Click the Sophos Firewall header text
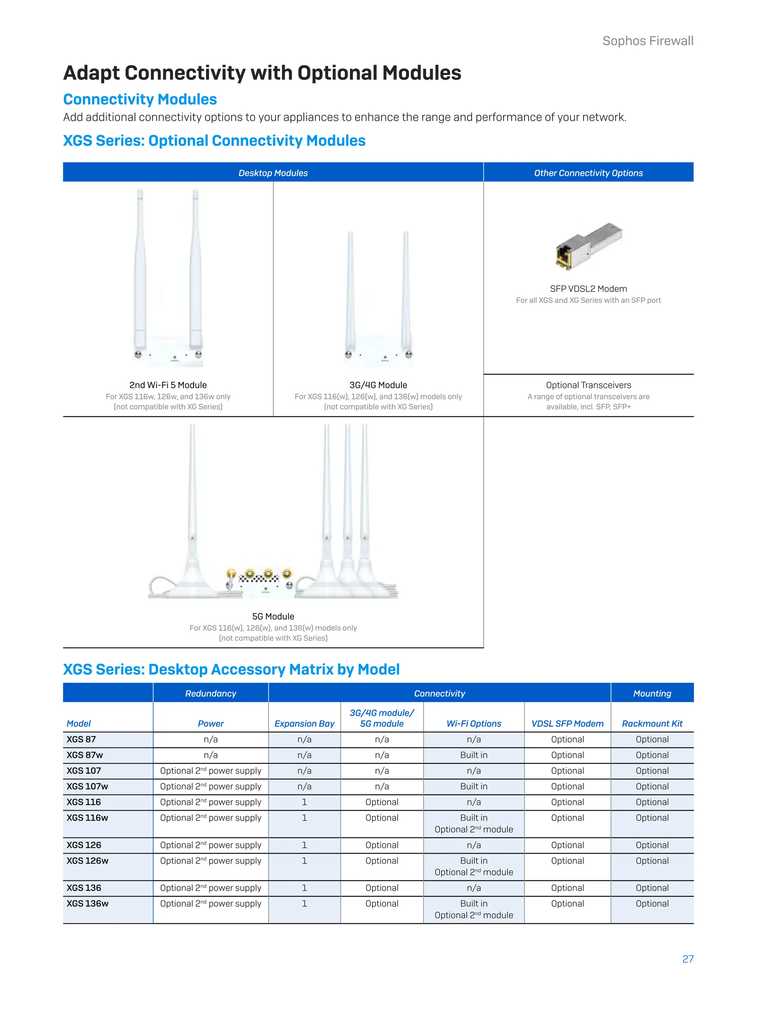click(648, 41)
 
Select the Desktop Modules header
click(273, 173)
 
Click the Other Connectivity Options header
click(588, 173)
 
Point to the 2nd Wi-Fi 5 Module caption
click(168, 385)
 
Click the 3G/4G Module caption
click(378, 385)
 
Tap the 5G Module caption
click(273, 616)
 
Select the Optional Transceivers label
click(588, 385)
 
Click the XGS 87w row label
click(85, 755)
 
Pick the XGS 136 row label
click(84, 888)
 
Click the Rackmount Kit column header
click(652, 723)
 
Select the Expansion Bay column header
click(304, 723)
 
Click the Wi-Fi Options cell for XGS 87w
click(473, 755)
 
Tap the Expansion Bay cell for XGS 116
click(304, 802)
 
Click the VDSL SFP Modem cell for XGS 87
click(567, 739)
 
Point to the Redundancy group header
click(210, 693)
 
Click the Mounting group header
click(652, 693)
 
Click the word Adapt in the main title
click(91, 73)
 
